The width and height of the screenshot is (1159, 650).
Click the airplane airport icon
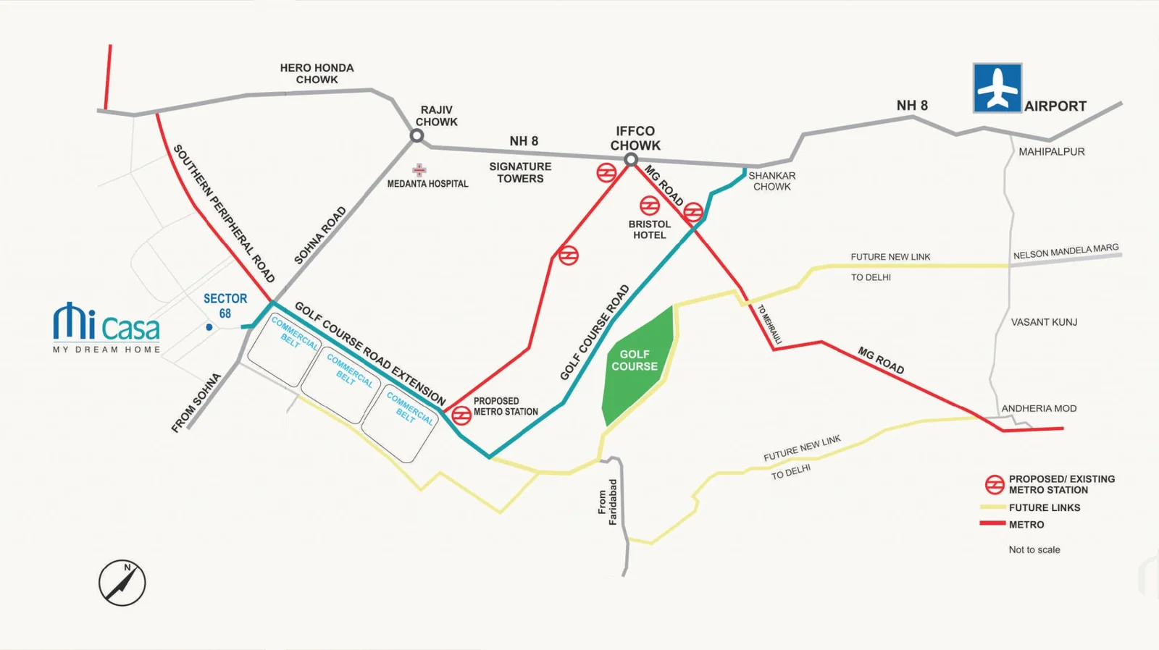coord(997,88)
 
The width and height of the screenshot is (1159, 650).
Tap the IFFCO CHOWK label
coord(635,138)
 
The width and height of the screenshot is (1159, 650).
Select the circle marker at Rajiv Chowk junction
coord(417,135)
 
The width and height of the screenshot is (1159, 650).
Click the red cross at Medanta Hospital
coord(419,170)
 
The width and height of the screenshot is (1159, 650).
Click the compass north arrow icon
coord(122,583)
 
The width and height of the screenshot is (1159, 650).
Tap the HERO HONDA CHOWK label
coord(317,73)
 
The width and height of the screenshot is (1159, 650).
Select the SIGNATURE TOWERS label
coord(520,172)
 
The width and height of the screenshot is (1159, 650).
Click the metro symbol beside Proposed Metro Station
coord(461,415)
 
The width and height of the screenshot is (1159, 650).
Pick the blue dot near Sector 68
coord(209,327)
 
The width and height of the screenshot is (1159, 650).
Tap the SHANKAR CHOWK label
coord(771,181)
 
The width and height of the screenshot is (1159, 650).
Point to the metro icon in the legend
coord(994,484)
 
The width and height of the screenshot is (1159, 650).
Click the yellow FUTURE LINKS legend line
coord(992,507)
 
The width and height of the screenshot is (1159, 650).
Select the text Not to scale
coord(1034,549)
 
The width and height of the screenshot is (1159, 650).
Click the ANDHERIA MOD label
coord(1039,408)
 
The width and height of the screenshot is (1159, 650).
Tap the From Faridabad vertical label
coord(607,502)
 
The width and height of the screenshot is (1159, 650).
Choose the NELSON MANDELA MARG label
coord(1066,251)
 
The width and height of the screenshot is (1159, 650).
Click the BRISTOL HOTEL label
coord(649,229)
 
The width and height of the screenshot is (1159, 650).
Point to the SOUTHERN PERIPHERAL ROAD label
coord(224,214)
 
